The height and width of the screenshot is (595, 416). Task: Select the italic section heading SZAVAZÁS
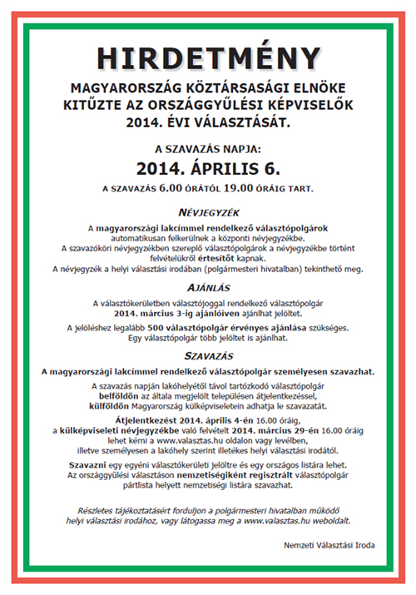pyautogui.click(x=207, y=354)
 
